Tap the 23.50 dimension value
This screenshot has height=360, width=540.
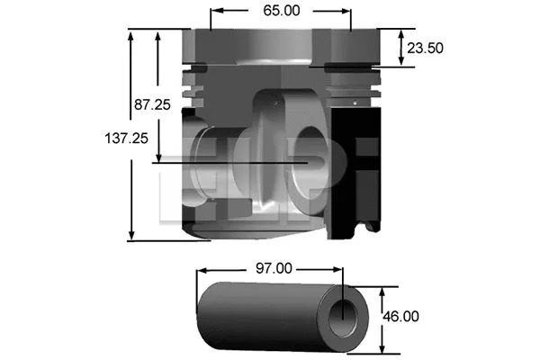tap(425, 48)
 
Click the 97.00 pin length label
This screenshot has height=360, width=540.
tap(273, 267)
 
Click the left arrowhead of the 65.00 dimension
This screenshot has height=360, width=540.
tap(214, 13)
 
